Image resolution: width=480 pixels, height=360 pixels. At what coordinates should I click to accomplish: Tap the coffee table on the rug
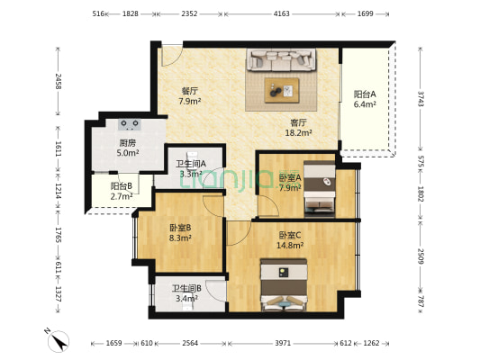click(282, 89)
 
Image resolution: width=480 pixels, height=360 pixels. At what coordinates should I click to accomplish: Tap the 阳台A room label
click(365, 94)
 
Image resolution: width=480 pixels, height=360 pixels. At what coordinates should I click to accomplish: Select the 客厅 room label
click(299, 122)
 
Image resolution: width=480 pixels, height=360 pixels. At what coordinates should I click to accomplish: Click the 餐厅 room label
click(164, 91)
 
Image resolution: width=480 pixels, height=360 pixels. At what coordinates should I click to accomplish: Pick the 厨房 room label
click(129, 143)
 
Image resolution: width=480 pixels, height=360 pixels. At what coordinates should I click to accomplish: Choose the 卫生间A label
click(190, 163)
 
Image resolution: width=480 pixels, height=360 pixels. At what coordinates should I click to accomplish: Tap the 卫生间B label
click(186, 288)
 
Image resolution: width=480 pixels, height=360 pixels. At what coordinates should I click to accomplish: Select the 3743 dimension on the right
click(420, 97)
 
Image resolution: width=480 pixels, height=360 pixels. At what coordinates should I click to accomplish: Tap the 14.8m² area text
click(290, 245)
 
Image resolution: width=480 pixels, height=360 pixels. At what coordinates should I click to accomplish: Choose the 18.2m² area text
click(299, 133)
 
